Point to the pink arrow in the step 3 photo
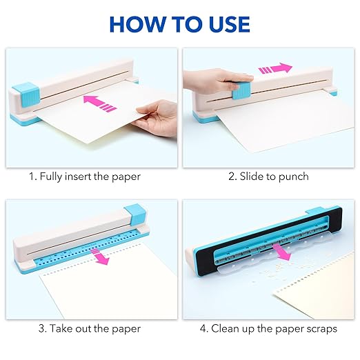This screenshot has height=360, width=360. point(102,257)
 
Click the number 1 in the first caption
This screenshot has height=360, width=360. point(31,177)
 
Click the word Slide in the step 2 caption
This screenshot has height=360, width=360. point(252,177)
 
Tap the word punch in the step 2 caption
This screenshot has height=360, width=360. point(294,177)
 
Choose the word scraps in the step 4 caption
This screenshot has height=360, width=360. point(320,329)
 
